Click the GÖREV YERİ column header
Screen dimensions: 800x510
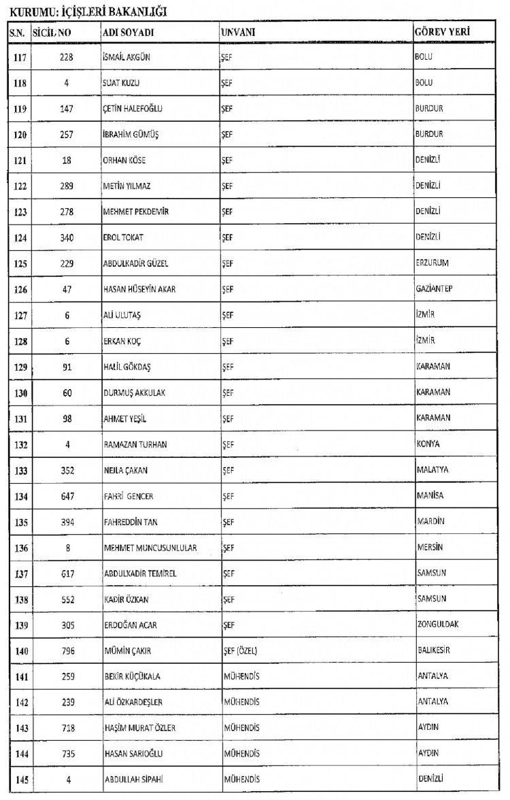click(x=443, y=33)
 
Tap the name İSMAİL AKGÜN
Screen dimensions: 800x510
click(x=126, y=57)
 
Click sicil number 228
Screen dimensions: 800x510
click(x=67, y=57)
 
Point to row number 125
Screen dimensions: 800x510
click(x=20, y=263)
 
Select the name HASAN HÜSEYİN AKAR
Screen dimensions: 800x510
click(x=139, y=289)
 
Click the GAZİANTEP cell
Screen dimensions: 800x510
click(x=434, y=288)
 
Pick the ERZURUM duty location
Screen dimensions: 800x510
click(x=432, y=263)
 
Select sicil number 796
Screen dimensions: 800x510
click(x=67, y=651)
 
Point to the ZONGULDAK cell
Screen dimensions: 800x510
click(x=437, y=624)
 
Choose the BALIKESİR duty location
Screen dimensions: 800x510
click(x=434, y=650)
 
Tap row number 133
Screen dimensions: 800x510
click(x=20, y=470)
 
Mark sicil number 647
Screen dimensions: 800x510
click(x=67, y=496)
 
